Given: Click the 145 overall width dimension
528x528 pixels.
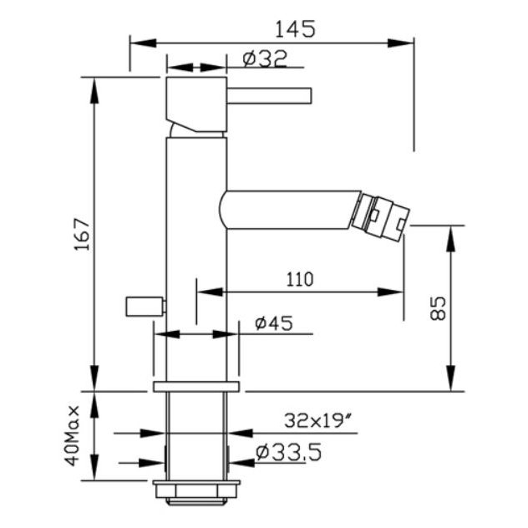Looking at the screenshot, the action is [x=295, y=29].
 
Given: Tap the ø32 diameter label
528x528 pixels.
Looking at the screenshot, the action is [x=265, y=58].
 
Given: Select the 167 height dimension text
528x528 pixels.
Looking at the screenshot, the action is [x=83, y=235].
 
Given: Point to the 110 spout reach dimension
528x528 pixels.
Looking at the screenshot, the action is [x=299, y=279].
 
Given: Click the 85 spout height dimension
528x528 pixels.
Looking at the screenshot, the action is [x=438, y=308].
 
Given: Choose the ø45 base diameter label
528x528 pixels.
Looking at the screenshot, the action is [x=274, y=323].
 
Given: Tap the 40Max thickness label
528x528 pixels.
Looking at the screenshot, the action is [x=72, y=435].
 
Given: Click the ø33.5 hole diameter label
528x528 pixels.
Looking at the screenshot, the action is [x=288, y=452].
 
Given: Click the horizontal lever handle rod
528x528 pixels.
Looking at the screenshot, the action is [x=269, y=95].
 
